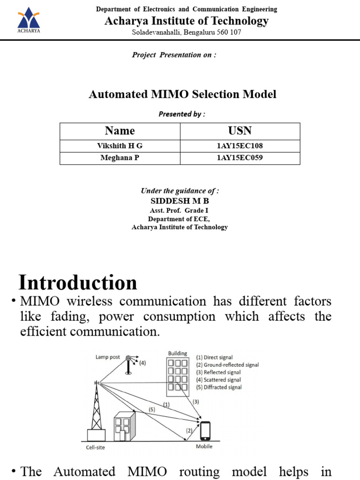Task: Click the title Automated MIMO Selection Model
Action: click(x=182, y=94)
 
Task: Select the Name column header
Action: click(x=120, y=131)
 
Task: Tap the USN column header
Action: click(x=240, y=131)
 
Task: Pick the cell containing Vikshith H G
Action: click(x=120, y=146)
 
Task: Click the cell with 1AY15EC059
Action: click(x=240, y=157)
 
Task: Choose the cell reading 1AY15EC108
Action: click(x=240, y=146)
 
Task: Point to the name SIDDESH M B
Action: click(x=180, y=201)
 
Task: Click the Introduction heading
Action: click(x=78, y=283)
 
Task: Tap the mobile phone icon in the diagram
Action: click(x=205, y=429)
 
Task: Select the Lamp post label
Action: click(x=108, y=357)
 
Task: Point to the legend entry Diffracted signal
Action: click(x=219, y=387)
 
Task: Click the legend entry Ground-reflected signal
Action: click(x=227, y=365)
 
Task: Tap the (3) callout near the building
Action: click(x=196, y=401)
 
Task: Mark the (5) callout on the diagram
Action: click(x=152, y=409)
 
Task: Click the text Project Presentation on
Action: click(x=174, y=55)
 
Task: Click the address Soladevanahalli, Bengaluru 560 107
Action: click(x=186, y=32)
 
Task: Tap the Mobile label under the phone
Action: click(x=204, y=446)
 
